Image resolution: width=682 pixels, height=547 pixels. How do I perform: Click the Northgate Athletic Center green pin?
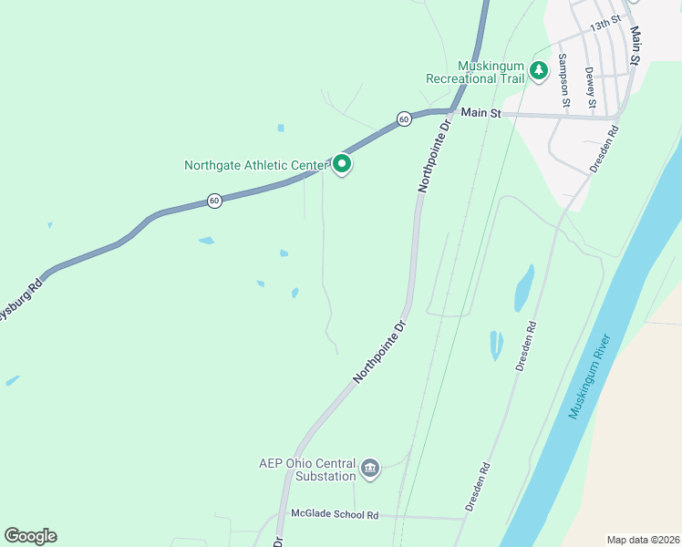(342, 164)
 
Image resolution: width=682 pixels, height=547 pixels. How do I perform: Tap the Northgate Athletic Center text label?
(255, 165)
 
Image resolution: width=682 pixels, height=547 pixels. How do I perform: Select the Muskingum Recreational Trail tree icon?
(539, 69)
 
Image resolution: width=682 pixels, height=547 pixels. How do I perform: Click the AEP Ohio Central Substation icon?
(369, 469)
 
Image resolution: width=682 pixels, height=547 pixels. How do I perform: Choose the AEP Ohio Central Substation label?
(307, 470)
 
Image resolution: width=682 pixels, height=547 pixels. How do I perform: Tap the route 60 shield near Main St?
(403, 119)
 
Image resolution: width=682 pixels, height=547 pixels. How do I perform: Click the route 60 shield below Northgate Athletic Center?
(214, 201)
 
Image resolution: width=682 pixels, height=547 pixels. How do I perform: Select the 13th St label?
(604, 24)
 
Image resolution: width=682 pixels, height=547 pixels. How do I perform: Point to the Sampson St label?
(563, 80)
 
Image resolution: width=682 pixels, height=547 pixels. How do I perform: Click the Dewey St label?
(590, 87)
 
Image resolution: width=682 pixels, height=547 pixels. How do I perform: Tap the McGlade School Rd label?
(334, 514)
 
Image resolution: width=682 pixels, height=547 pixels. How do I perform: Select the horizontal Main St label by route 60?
(480, 113)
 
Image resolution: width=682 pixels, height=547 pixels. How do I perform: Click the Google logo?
(30, 536)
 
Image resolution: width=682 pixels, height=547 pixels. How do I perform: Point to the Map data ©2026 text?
(642, 540)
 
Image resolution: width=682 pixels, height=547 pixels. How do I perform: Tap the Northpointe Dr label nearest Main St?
(435, 156)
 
